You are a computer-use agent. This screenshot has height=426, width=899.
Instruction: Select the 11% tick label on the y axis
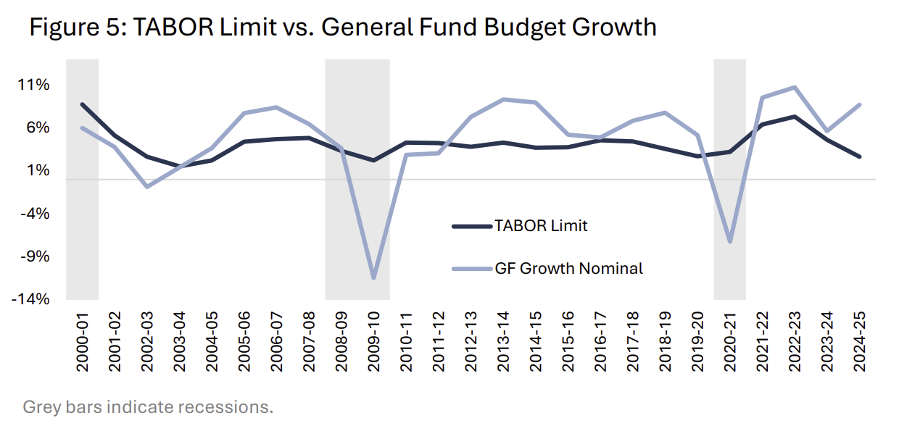34,85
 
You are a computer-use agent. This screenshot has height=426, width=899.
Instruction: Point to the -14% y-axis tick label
30,299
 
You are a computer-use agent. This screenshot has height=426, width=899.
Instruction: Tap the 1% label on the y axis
37,170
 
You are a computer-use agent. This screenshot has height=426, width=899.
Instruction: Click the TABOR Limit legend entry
541,225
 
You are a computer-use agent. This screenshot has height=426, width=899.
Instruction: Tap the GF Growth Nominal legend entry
568,268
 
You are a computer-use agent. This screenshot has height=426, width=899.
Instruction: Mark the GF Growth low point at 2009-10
373,277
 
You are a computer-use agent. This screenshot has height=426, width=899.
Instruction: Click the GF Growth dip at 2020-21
729,241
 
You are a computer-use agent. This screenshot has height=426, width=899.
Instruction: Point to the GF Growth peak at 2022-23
795,88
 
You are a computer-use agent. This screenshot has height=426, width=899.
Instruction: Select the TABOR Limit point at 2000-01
82,104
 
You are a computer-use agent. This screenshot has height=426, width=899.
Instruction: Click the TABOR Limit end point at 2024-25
859,156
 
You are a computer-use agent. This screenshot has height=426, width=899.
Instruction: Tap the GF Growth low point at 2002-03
147,187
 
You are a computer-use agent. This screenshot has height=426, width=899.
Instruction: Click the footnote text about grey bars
148,406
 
